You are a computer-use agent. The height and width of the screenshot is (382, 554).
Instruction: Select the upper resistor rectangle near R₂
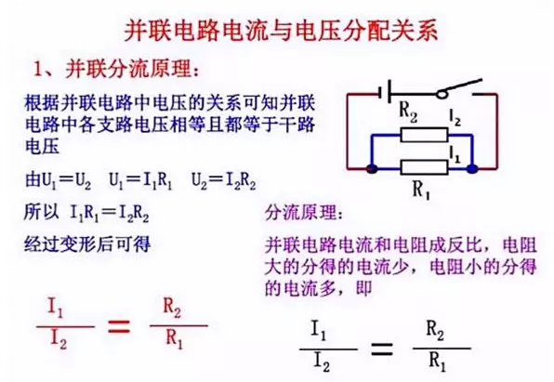424,135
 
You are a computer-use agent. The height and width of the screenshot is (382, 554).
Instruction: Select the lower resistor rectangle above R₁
424,168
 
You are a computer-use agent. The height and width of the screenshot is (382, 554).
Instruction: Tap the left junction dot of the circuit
370,169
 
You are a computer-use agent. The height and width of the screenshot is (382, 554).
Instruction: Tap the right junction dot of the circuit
473,169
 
